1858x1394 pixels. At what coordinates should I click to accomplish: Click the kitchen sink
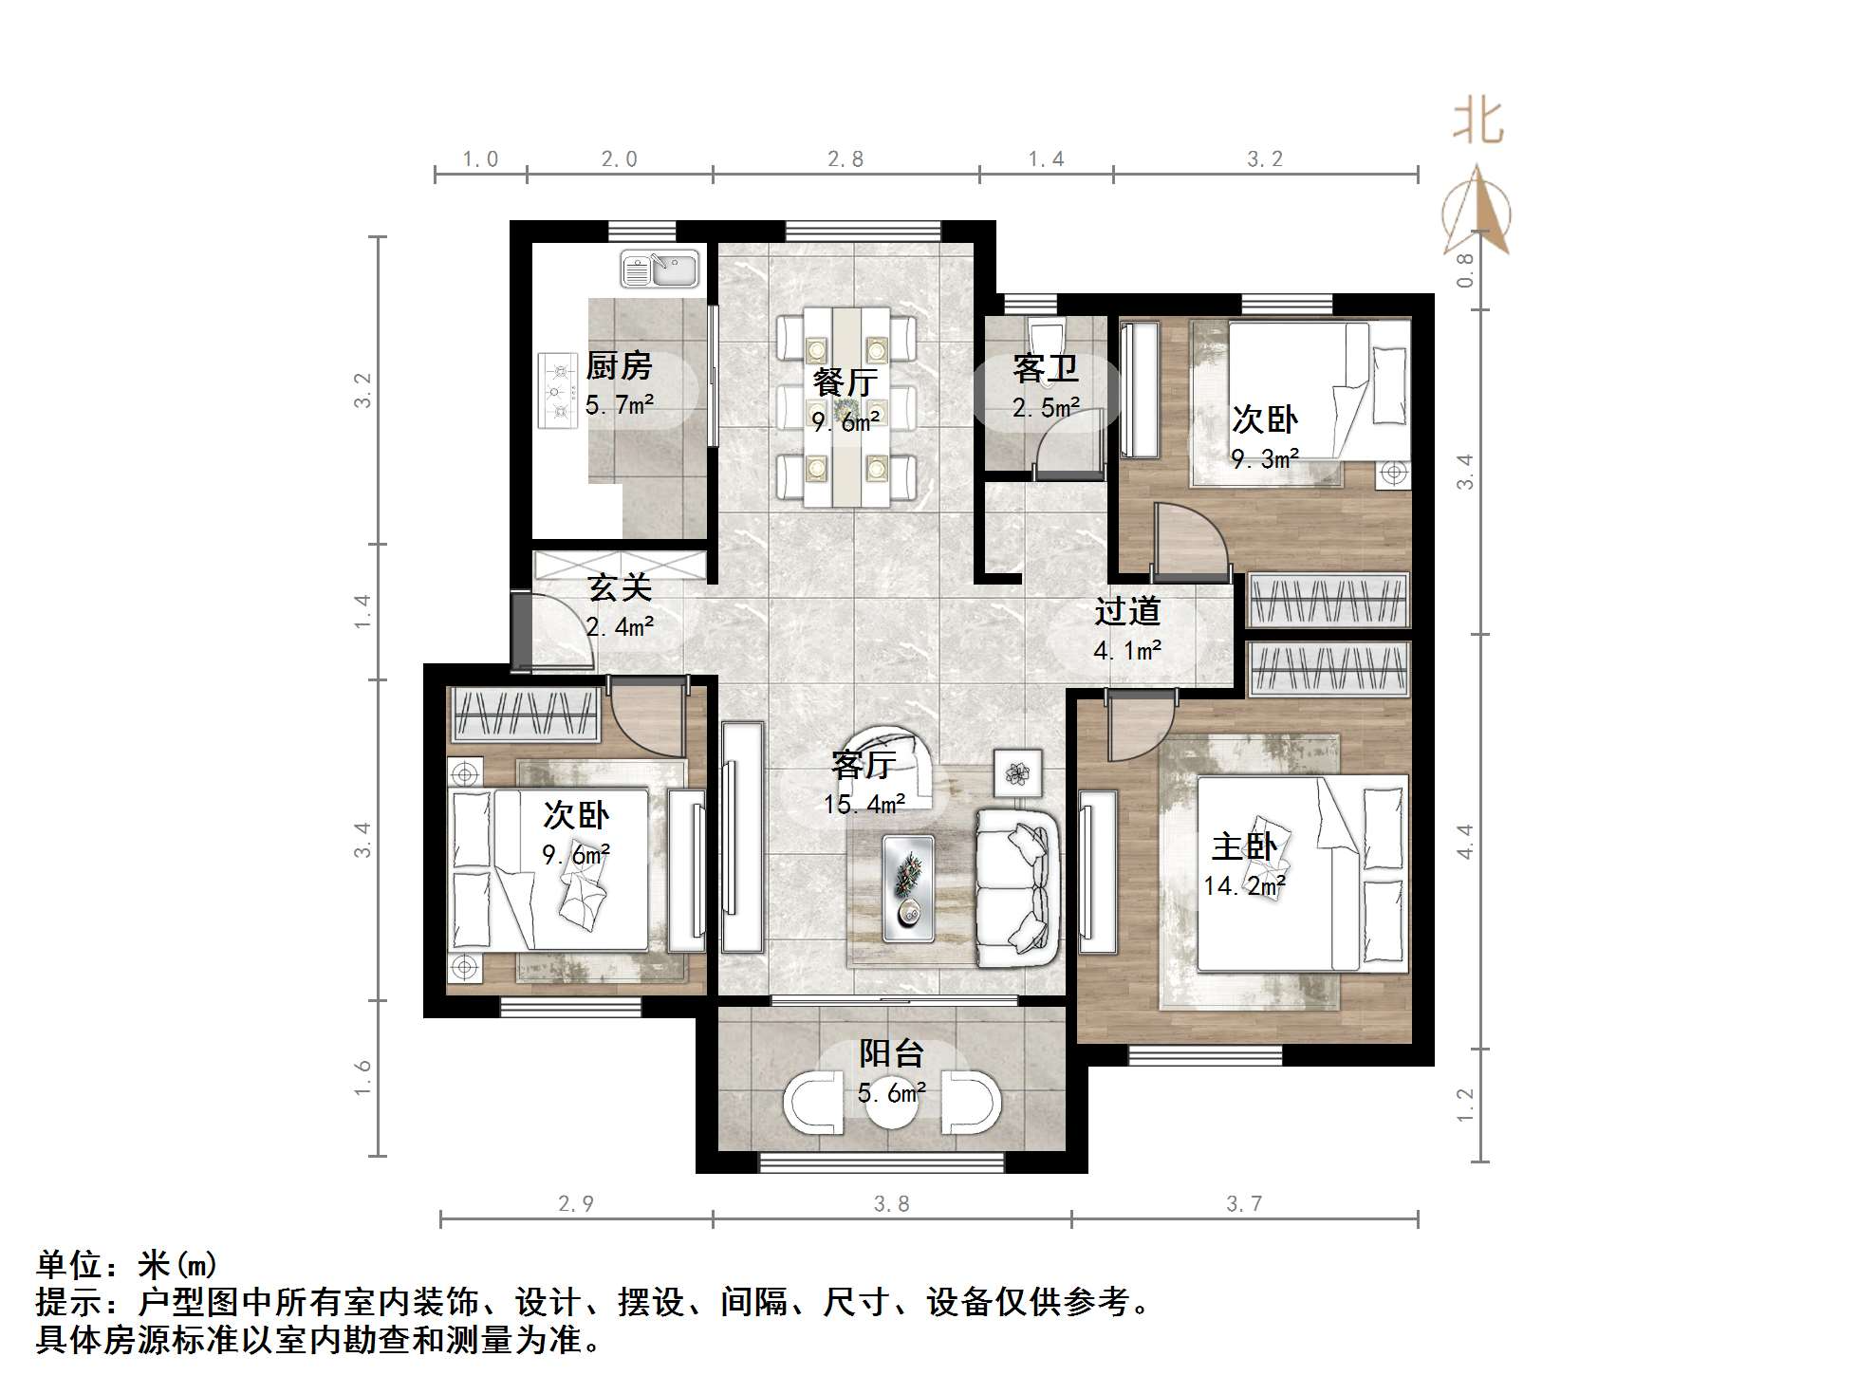[x=660, y=269]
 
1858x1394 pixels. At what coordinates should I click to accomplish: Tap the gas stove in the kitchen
[x=558, y=390]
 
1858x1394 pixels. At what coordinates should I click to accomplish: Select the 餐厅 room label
[x=845, y=382]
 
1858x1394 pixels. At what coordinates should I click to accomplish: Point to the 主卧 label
[x=1244, y=846]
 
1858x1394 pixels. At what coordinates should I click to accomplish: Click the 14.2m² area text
[x=1244, y=886]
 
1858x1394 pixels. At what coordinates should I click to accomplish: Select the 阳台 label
[x=891, y=1053]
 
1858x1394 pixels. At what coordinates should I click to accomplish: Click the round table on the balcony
[x=892, y=1105]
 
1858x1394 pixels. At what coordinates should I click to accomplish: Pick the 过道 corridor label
[x=1127, y=611]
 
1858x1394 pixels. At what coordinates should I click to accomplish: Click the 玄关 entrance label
[x=620, y=587]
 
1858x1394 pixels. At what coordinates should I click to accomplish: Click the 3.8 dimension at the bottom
[x=891, y=1204]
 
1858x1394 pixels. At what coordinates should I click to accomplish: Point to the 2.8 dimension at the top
[x=845, y=159]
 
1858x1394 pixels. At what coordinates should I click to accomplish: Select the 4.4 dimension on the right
[x=1465, y=841]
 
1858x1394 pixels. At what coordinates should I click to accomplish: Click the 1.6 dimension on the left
[x=362, y=1077]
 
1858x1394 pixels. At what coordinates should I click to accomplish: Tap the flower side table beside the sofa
[x=1018, y=773]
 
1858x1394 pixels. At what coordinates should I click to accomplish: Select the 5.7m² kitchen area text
[x=620, y=405]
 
